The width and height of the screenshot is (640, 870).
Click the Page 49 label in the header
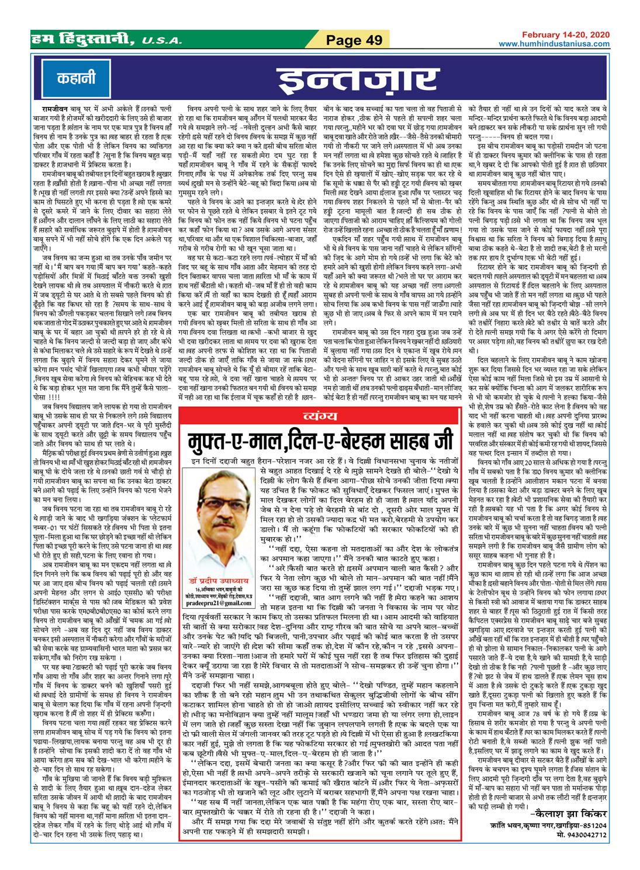354,40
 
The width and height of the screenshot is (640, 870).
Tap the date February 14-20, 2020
565,36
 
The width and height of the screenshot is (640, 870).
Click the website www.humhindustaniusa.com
553,44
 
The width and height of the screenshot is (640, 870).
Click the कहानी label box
76,78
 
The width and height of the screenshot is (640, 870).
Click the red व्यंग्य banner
320,416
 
